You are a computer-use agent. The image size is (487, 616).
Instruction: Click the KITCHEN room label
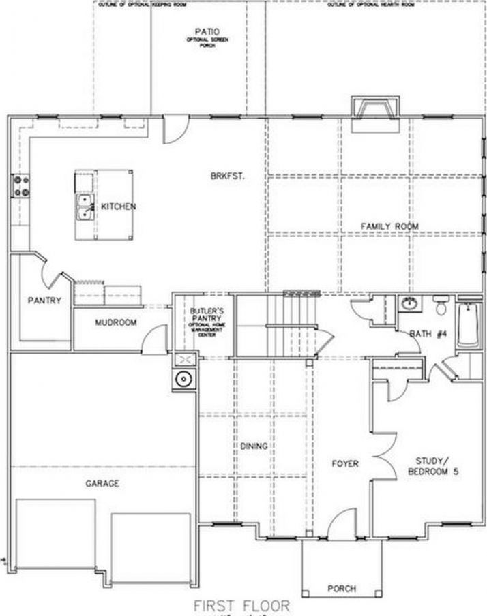(x=119, y=206)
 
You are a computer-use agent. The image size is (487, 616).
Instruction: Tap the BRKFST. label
(x=227, y=175)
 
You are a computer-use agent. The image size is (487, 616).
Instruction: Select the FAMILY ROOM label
(x=389, y=226)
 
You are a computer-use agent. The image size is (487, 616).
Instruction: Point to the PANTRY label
(x=44, y=300)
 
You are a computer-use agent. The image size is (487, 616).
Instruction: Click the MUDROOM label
(x=116, y=322)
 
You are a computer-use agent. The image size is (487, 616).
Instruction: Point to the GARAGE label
(x=102, y=483)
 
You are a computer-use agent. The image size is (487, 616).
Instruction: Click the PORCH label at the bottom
(x=341, y=588)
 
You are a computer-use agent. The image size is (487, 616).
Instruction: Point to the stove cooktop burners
(x=20, y=187)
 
